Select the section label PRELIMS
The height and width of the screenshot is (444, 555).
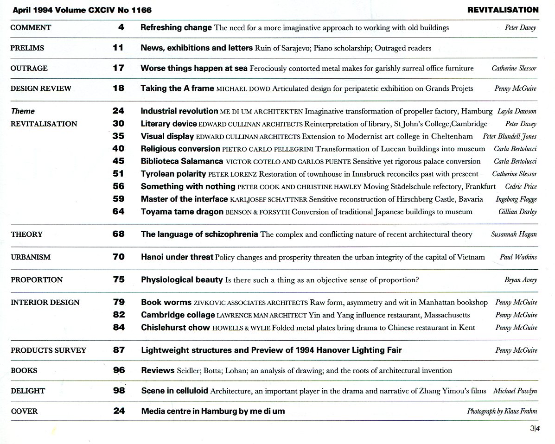(27, 48)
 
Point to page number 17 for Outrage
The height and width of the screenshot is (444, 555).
(118, 68)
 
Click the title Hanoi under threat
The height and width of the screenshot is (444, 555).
(177, 257)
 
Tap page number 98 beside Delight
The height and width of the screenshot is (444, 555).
(119, 391)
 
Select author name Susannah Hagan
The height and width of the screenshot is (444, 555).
(514, 235)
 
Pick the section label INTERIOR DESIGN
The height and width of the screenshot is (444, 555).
(45, 302)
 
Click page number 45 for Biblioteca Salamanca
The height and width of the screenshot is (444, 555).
(118, 161)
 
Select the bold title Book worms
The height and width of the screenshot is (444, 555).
(166, 302)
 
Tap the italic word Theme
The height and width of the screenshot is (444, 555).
(23, 111)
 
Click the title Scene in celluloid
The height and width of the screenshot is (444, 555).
(174, 391)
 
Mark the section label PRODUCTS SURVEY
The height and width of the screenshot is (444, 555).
(48, 350)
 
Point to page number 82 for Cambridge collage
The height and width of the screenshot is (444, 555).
(119, 315)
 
